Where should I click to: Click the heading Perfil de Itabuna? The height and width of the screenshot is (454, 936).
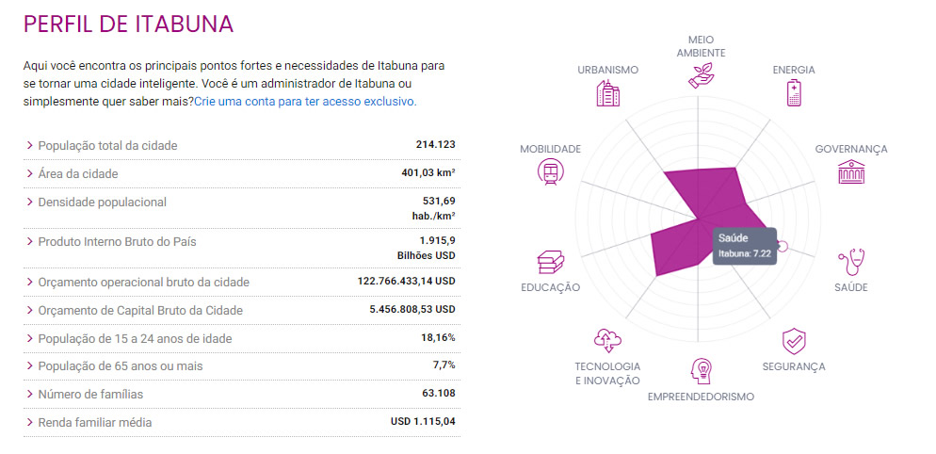[128, 24]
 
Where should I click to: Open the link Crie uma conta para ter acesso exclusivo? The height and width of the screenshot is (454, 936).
[305, 101]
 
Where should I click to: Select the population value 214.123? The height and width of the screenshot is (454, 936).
[435, 144]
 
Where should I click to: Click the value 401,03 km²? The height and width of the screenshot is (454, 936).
[428, 173]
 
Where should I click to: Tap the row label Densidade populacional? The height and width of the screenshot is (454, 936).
[102, 203]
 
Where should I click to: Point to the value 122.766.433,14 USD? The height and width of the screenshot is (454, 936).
[407, 281]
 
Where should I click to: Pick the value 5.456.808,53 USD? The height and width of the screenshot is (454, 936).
[412, 309]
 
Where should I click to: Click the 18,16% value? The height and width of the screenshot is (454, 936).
[438, 337]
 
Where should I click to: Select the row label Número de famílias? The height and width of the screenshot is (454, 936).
[90, 394]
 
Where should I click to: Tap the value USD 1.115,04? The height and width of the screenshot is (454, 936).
[423, 422]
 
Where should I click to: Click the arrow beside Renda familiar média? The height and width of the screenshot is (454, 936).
[29, 422]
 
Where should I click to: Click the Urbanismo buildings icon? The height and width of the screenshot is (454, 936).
[608, 92]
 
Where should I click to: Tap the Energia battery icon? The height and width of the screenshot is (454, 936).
[793, 92]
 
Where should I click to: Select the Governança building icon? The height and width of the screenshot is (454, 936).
[850, 171]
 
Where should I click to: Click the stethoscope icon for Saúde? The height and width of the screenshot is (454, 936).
[850, 260]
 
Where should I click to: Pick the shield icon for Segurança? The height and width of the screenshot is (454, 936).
[793, 340]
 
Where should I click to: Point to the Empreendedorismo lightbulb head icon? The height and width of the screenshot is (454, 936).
[701, 370]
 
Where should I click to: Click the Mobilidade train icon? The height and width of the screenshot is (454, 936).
[550, 171]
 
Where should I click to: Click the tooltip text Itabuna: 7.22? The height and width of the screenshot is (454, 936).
[745, 253]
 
